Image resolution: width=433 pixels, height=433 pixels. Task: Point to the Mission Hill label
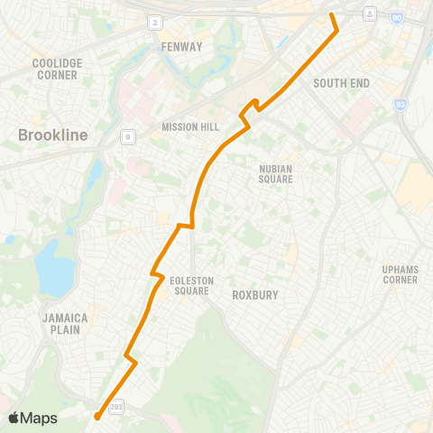pyautogui.click(x=185, y=127)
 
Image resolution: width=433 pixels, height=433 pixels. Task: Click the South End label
pyautogui.click(x=342, y=83)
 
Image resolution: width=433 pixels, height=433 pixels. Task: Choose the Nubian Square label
pyautogui.click(x=275, y=173)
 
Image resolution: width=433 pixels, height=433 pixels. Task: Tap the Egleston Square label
pyautogui.click(x=191, y=286)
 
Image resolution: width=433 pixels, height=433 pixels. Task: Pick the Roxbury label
pyautogui.click(x=255, y=294)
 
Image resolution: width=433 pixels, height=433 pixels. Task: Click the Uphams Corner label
pyautogui.click(x=400, y=274)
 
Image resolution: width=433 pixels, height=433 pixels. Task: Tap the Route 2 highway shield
pyautogui.click(x=155, y=22)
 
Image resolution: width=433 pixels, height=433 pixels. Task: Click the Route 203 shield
pyautogui.click(x=115, y=408)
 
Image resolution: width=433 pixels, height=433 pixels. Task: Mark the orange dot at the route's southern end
pyautogui.click(x=97, y=416)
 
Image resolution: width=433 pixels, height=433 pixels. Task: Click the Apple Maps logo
pyautogui.click(x=32, y=418)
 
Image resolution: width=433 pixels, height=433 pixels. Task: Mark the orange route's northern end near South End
pyautogui.click(x=331, y=14)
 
